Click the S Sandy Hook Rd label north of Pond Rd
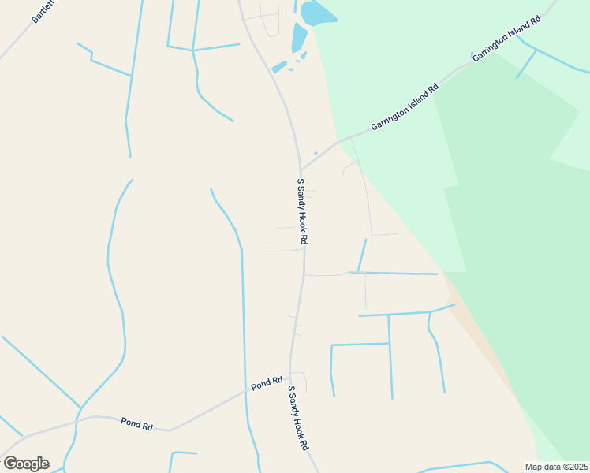301,210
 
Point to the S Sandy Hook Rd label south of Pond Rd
297,418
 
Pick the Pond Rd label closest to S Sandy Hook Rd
267,383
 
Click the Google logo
26,464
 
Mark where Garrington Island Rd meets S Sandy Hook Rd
301,169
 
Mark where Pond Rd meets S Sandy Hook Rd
289,374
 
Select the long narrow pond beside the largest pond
299,37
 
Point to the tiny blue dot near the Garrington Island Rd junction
316,153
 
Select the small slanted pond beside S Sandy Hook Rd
279,67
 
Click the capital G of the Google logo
10,463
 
